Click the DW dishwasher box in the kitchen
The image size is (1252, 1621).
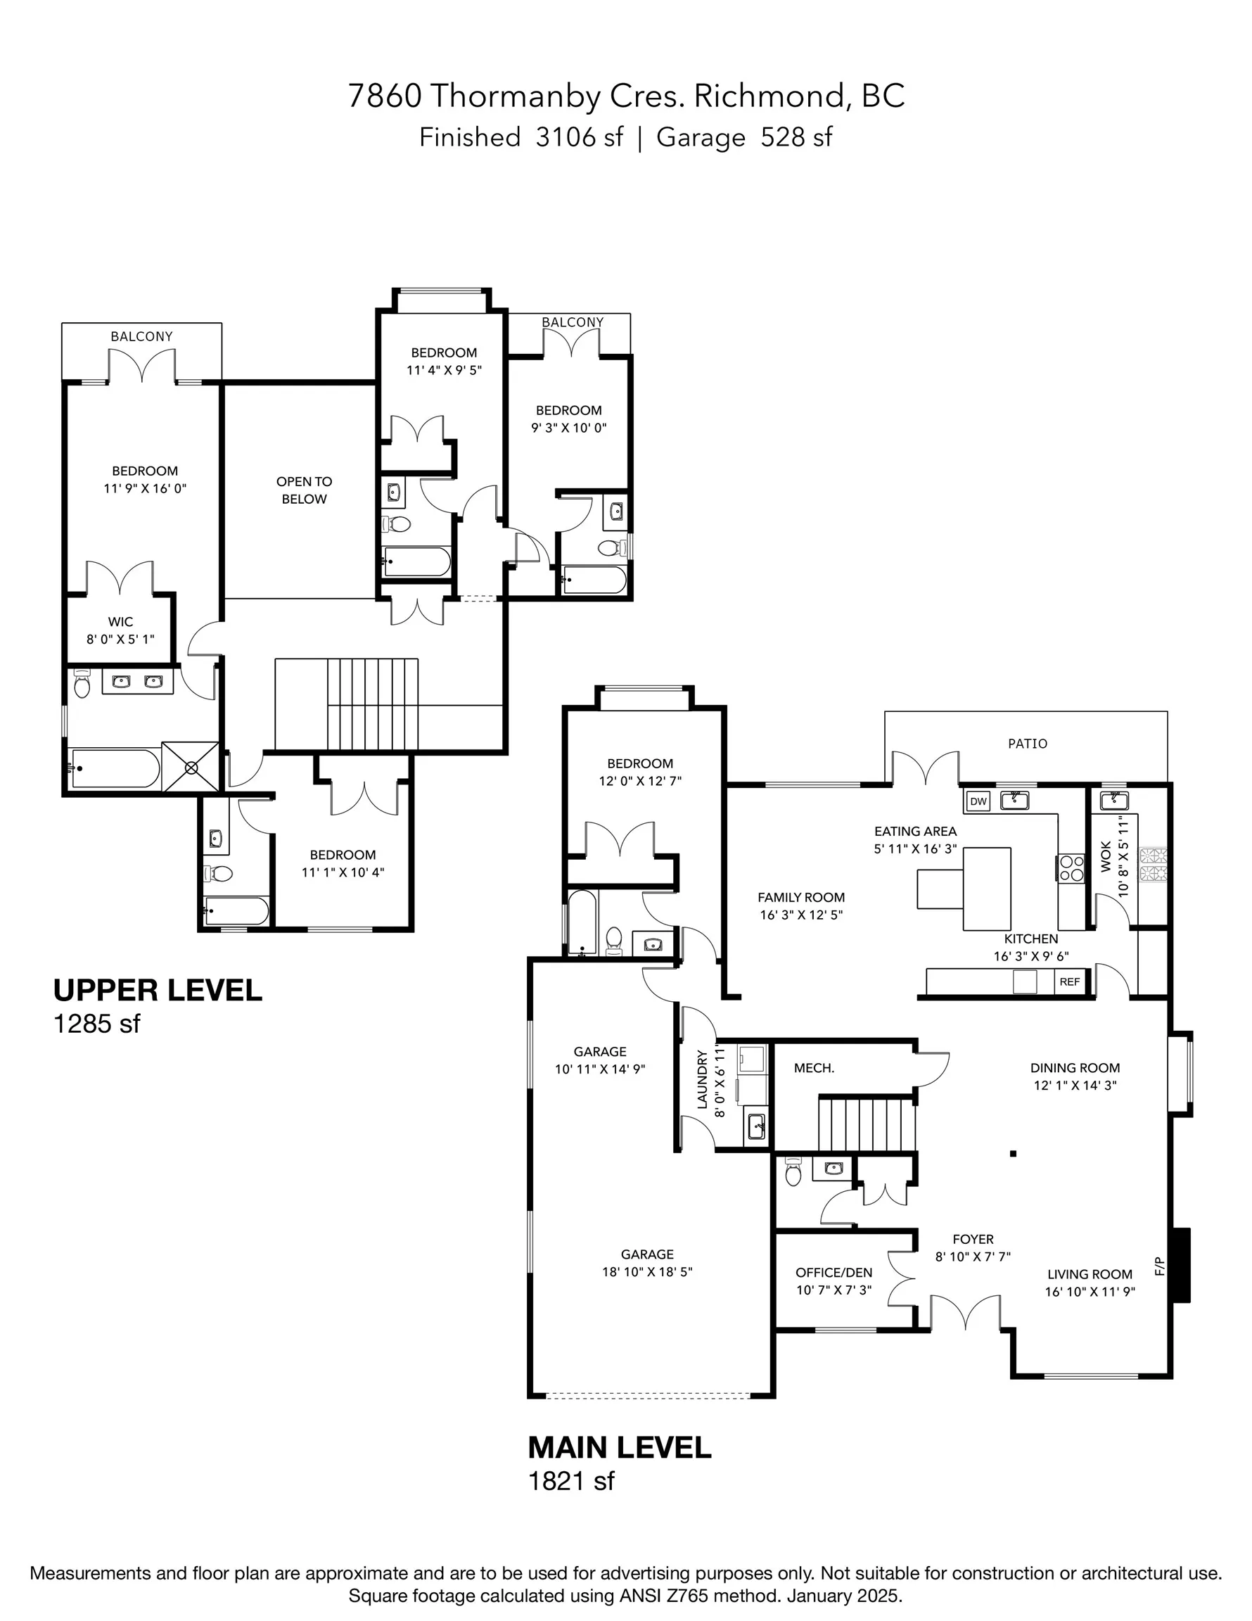978,801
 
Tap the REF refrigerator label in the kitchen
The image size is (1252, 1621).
1069,981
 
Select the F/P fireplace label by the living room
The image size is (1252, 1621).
1160,1266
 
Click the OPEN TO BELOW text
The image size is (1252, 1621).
305,490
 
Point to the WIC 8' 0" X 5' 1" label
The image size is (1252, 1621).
120,630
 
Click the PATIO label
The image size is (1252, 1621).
1027,743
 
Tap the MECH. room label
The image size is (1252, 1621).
814,1068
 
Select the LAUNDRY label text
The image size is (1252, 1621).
702,1079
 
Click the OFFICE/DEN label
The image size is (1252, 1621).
833,1273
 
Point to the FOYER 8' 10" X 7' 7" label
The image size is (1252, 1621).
972,1247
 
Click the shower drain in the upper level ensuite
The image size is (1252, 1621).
191,766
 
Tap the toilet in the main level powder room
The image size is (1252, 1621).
793,1174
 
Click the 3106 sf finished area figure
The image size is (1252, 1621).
579,137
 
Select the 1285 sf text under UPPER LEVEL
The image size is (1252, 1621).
96,1024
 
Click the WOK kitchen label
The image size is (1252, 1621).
1106,856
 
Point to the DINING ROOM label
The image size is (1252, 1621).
1075,1068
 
